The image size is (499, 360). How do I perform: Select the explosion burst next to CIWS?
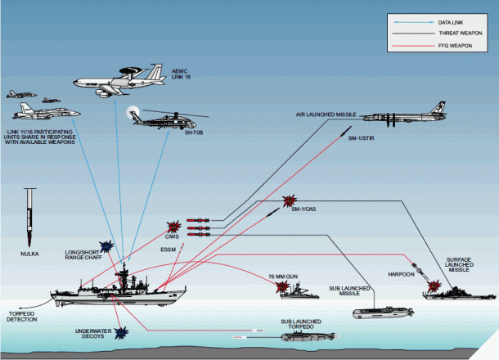tap(173, 227)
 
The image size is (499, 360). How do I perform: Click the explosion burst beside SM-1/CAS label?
tap(289, 201)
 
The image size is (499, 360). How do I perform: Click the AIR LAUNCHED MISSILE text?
tap(324, 115)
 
